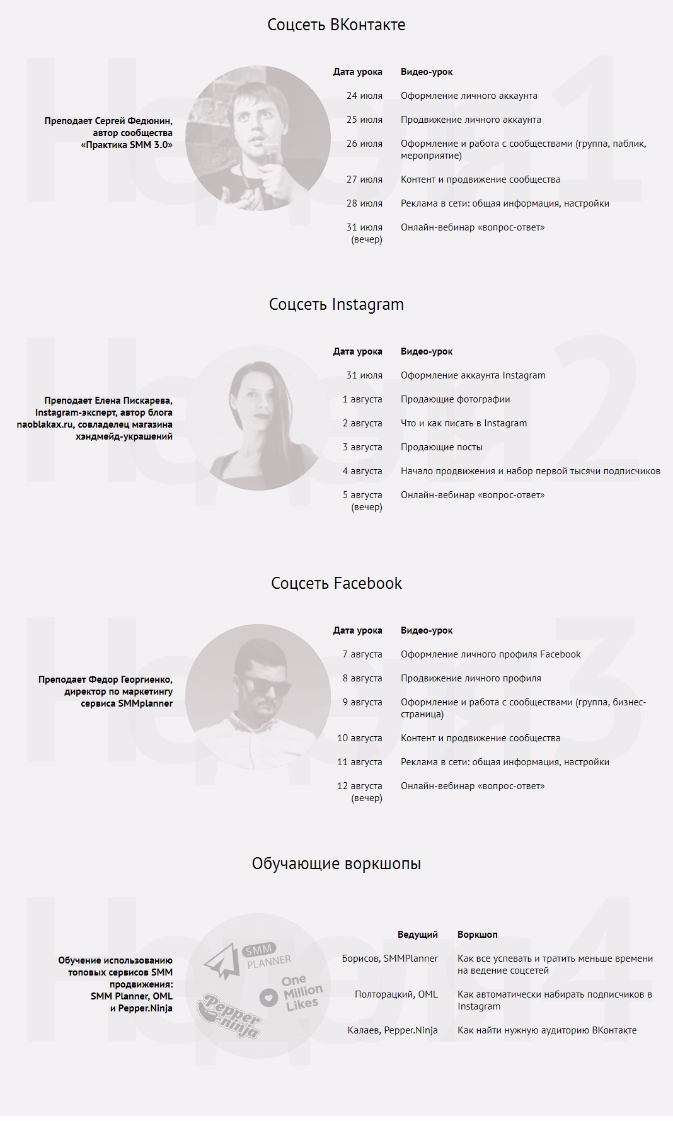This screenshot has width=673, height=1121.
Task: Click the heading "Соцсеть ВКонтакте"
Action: point(336,25)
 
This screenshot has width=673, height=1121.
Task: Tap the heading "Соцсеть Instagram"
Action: point(336,304)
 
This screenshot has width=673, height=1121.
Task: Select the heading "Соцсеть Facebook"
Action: point(336,583)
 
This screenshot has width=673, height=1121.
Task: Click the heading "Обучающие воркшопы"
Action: point(336,863)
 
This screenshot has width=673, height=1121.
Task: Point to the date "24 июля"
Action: point(364,96)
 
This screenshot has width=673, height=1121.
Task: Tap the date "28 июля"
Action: point(364,203)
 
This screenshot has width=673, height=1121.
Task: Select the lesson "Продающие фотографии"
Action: point(455,399)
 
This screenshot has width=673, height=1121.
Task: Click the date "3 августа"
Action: point(362,447)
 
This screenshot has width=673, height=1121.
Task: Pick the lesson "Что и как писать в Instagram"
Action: point(464,423)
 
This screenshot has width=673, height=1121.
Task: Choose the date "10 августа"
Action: point(359,738)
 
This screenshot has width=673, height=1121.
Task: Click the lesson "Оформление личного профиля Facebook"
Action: point(490,654)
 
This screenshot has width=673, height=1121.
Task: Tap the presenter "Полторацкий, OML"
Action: point(396,994)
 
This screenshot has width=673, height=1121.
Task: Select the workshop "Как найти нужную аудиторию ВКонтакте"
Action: point(547,1030)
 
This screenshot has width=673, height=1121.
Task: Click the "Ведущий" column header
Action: point(417,935)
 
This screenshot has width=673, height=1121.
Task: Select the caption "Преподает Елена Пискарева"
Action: point(108,401)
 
